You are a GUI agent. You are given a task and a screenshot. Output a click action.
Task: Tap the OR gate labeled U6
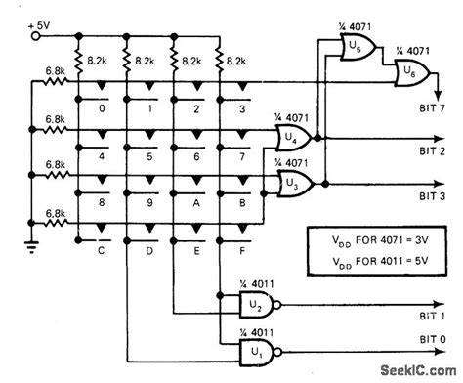402,72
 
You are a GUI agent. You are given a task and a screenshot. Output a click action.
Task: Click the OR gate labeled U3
292,183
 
